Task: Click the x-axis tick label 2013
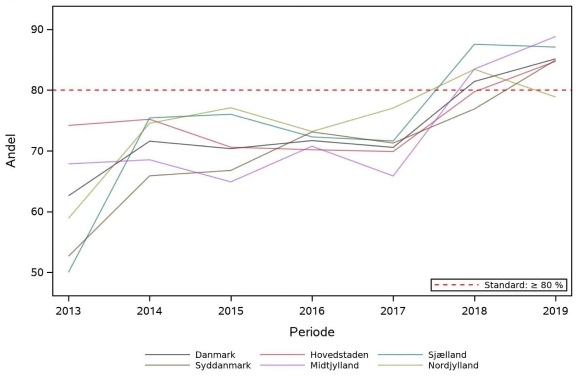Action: (x=69, y=311)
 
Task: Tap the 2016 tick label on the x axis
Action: (x=312, y=311)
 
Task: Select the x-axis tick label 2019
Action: (x=555, y=311)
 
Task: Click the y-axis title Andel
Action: (x=11, y=150)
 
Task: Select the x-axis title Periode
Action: (x=312, y=332)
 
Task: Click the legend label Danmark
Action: (x=215, y=355)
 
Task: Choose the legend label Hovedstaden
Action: (x=339, y=355)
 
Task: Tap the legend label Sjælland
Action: (x=447, y=355)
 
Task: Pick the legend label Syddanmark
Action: (x=223, y=366)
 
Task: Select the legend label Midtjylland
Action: (x=334, y=366)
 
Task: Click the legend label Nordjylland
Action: (x=453, y=366)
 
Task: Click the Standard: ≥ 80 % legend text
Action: (x=523, y=285)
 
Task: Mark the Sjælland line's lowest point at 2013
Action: (x=69, y=272)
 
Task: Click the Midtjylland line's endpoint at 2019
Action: (x=555, y=37)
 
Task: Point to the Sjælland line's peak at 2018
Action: (x=474, y=44)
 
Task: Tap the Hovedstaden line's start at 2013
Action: (x=69, y=125)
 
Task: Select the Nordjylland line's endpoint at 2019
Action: (x=555, y=97)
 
